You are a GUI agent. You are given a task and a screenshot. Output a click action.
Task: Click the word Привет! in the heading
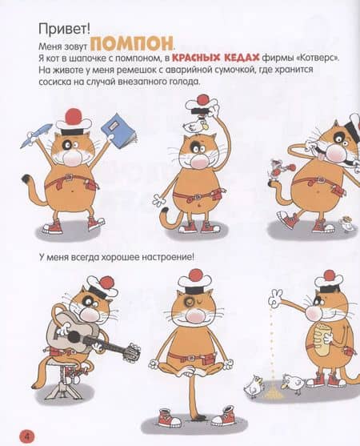pos(64,29)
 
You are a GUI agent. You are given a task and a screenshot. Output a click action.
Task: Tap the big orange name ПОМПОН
pos(133,43)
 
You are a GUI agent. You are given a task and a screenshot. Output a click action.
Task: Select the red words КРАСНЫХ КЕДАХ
pos(216,58)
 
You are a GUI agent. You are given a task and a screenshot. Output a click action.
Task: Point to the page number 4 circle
pos(26,436)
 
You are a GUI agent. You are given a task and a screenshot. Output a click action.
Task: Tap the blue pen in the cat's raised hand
pos(35,135)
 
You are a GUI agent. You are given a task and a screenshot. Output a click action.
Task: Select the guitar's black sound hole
pos(74,337)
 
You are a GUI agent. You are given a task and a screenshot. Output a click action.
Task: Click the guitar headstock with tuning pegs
pos(133,352)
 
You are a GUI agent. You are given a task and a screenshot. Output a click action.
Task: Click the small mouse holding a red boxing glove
pos(277,171)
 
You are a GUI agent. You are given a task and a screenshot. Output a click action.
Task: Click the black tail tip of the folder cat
pos(26,178)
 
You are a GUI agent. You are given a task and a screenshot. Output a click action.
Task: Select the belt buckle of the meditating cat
pos(192,358)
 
